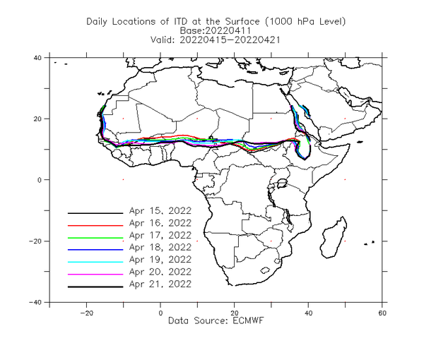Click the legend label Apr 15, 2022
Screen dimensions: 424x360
160,211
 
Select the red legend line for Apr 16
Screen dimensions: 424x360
95,225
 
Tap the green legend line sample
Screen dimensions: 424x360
95,238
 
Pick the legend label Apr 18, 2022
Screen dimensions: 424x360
160,247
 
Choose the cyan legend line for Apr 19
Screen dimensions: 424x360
95,262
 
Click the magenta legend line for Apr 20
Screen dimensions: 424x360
95,275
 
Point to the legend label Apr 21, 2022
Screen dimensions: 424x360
160,284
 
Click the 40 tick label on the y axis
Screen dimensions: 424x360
37,58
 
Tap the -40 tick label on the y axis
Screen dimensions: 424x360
35,303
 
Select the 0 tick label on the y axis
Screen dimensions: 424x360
40,180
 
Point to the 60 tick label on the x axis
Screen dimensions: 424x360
382,313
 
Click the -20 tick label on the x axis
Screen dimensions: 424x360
86,313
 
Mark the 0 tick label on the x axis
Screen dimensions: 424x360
160,313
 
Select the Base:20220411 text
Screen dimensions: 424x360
216,30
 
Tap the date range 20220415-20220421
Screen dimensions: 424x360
230,40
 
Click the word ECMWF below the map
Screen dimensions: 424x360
248,320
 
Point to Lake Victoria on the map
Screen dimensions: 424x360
282,184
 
